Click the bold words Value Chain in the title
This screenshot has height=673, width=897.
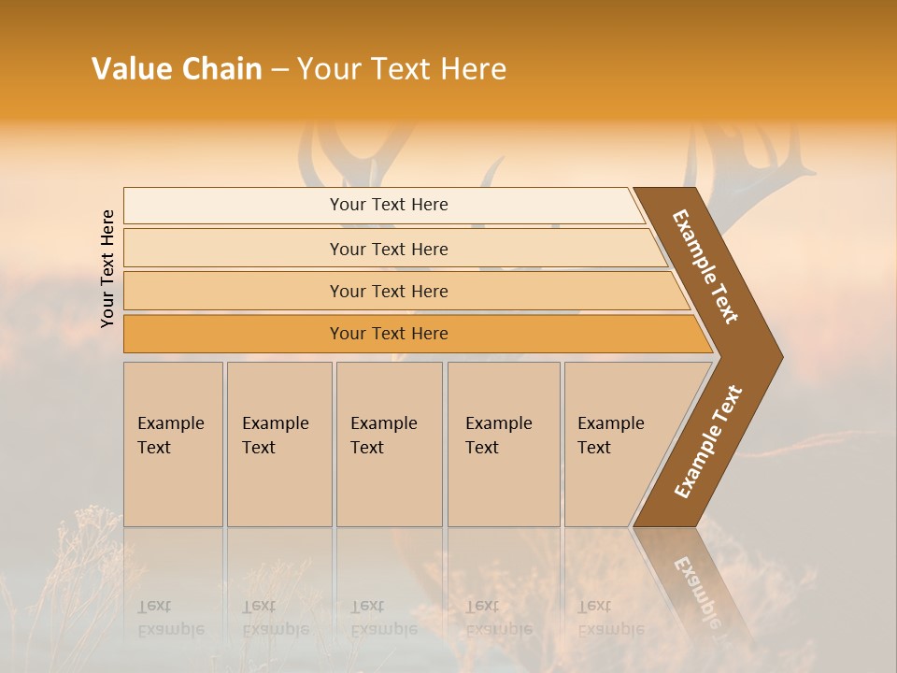click(x=177, y=69)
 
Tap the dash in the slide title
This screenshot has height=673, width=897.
click(x=279, y=69)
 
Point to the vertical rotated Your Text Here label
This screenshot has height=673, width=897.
click(x=107, y=268)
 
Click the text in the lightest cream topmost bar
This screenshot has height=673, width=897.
click(x=389, y=205)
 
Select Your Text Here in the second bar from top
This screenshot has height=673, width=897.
click(x=389, y=250)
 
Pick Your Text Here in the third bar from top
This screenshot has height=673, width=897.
click(x=389, y=292)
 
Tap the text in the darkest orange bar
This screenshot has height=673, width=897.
click(x=389, y=334)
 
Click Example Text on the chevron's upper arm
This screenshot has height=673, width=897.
click(x=705, y=266)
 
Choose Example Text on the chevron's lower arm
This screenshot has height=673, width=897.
click(x=708, y=442)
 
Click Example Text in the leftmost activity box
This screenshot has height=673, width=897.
click(x=170, y=436)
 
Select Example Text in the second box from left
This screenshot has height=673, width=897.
click(x=275, y=436)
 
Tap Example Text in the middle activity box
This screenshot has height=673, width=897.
click(x=383, y=436)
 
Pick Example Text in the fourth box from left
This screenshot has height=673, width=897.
click(x=498, y=436)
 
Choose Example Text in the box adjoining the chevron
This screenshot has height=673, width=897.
click(x=610, y=436)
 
